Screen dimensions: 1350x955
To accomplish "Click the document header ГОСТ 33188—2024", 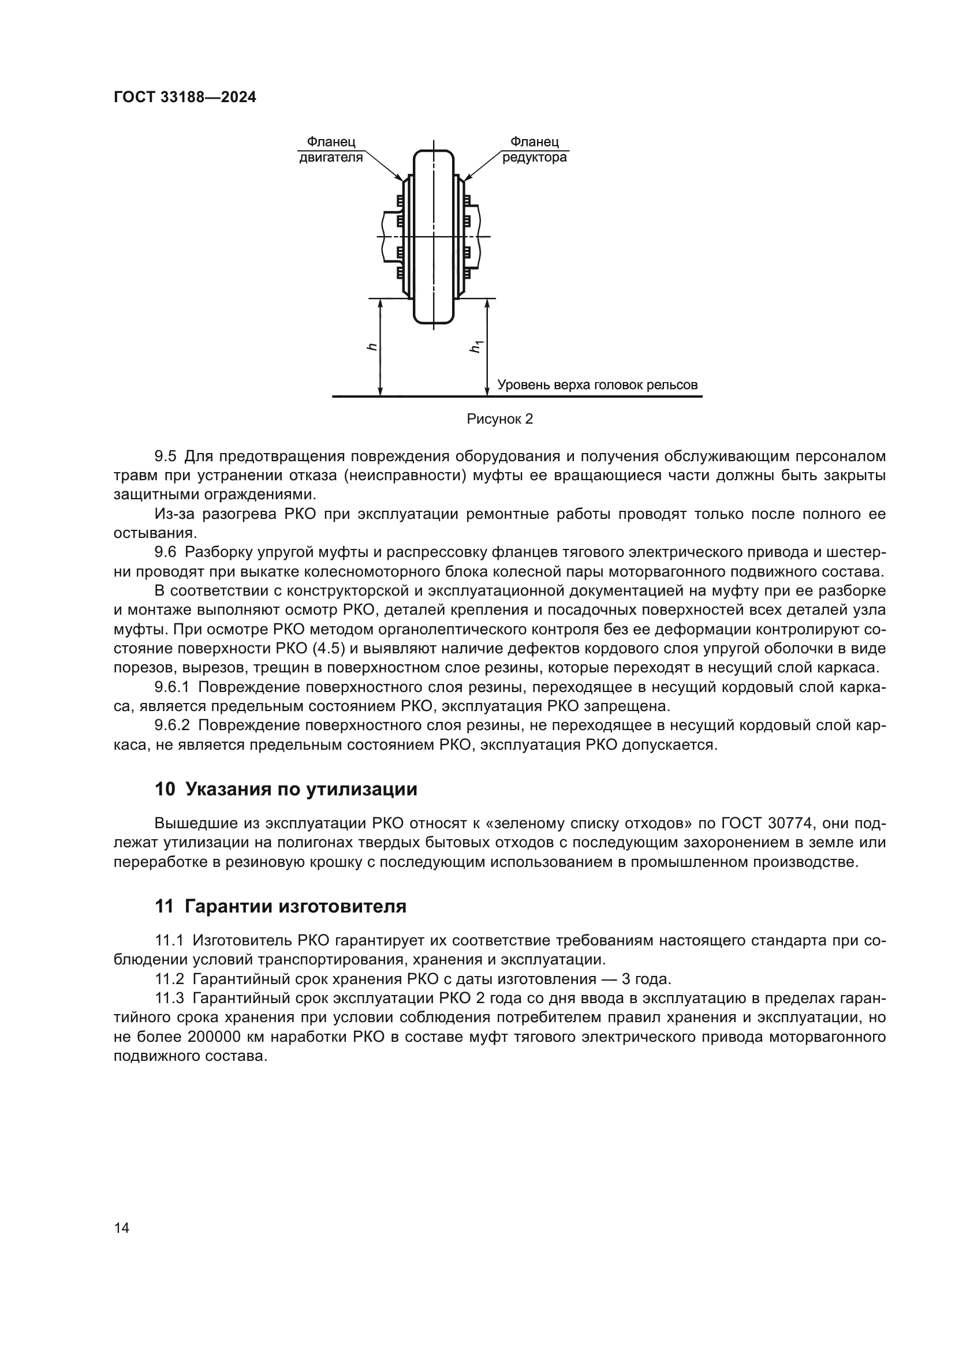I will point(185,98).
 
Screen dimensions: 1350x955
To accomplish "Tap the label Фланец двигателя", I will point(331,150).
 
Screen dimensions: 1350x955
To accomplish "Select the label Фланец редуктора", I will point(534,150).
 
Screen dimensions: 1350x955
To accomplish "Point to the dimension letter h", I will point(371,347).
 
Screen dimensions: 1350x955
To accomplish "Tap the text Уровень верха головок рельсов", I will point(598,385).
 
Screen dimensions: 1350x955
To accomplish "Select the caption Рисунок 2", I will point(499,419).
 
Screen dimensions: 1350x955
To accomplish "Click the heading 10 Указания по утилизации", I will point(286,789).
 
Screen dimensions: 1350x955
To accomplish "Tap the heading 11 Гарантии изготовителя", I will point(281,906).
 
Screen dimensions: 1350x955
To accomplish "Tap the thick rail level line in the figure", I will point(517,397).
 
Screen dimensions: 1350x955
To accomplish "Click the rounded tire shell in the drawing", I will point(434,235).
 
